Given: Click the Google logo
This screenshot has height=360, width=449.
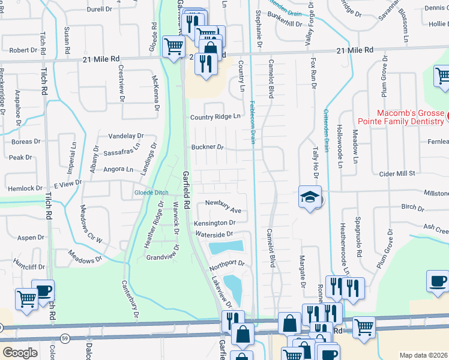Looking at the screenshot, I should click(20, 352).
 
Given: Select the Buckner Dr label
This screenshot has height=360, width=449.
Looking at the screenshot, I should click(207, 147).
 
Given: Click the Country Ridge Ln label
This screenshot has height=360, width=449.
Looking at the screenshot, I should click(215, 117).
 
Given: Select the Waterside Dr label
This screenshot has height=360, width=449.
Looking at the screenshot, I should click(212, 235).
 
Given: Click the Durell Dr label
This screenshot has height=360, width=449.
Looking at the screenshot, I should click(100, 10).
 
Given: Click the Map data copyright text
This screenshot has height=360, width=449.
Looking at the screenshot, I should click(423, 355).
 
